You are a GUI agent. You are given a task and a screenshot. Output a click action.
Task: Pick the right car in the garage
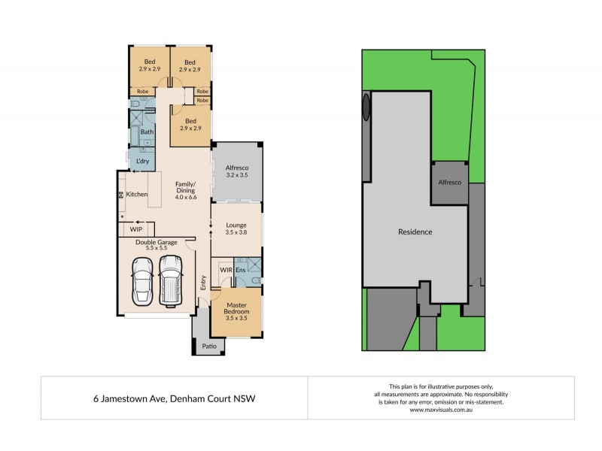[x=171, y=280]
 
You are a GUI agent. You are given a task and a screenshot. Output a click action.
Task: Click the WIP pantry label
[x=136, y=229]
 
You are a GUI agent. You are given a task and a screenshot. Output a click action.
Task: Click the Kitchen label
[x=136, y=195]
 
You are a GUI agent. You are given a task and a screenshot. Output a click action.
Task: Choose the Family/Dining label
[x=185, y=191]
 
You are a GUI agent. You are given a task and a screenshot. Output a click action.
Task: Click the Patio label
[x=209, y=347]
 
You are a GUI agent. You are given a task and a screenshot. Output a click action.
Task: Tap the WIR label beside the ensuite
[x=226, y=269]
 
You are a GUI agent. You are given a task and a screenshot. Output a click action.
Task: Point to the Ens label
[x=241, y=269]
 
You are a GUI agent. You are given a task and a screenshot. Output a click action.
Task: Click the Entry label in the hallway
[x=203, y=283]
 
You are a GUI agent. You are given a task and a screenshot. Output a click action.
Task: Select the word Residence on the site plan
[x=415, y=232]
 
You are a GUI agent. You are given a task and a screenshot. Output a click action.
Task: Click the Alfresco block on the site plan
[x=449, y=183]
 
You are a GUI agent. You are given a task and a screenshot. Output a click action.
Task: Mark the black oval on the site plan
[x=366, y=107]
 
